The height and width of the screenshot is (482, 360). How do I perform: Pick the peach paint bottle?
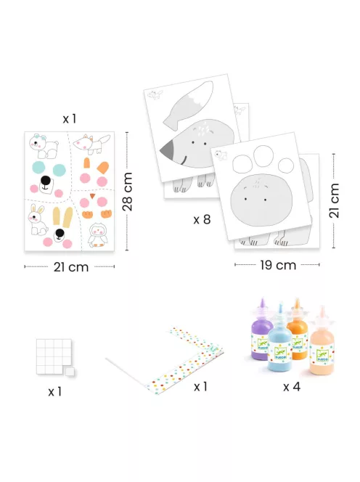pyautogui.click(x=322, y=346)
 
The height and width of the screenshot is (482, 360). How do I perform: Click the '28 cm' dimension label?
pyautogui.click(x=127, y=192)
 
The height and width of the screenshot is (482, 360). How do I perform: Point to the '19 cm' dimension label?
pyautogui.click(x=278, y=265)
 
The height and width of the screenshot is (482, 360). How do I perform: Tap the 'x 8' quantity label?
pyautogui.click(x=202, y=219)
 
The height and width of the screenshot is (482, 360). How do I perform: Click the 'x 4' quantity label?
pyautogui.click(x=292, y=387)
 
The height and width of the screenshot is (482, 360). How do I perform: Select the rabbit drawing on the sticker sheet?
pyautogui.click(x=38, y=220)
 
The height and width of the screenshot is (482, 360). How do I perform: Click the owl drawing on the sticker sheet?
pyautogui.click(x=97, y=235)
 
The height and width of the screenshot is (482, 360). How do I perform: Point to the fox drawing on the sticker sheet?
pyautogui.click(x=91, y=144)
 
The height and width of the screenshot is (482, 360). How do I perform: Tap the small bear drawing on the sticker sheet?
pyautogui.click(x=43, y=146)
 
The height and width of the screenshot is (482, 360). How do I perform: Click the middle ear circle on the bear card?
pyautogui.click(x=263, y=157)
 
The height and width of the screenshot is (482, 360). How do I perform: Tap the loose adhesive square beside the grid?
pyautogui.click(x=70, y=372)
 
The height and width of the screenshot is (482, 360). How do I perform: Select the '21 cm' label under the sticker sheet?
pyautogui.click(x=71, y=267)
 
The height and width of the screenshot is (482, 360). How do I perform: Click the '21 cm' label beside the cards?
pyautogui.click(x=334, y=201)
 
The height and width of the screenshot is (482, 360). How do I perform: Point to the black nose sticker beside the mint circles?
pyautogui.click(x=45, y=180)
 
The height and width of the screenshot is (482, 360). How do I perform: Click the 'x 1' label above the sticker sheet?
pyautogui.click(x=69, y=118)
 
